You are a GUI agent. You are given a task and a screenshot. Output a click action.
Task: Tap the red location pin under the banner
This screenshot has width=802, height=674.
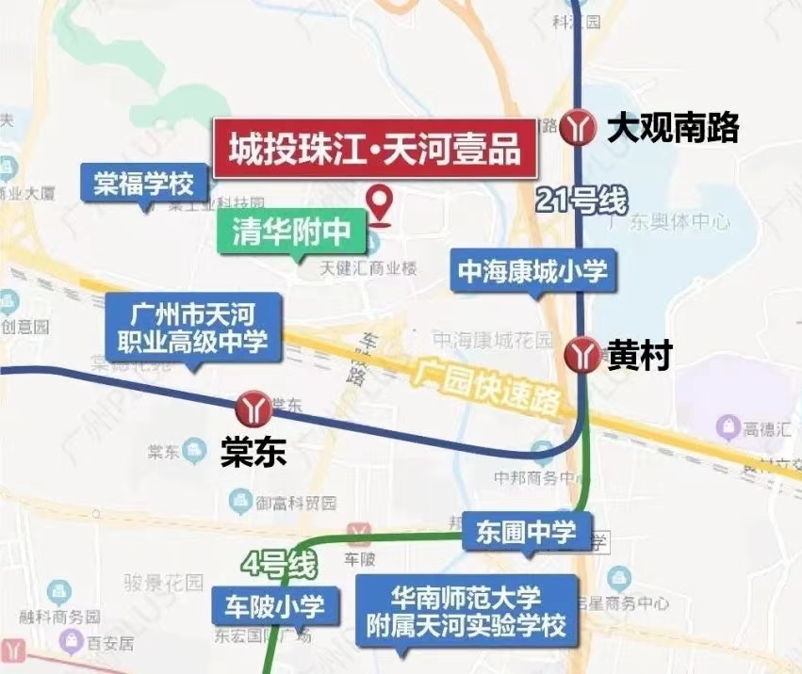[380, 203]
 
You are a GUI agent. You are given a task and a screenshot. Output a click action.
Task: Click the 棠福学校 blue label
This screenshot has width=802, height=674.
[143, 182]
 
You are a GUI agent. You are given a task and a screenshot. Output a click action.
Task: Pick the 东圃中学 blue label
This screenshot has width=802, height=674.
[526, 531]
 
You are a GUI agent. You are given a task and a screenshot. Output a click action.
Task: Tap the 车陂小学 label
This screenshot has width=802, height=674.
[274, 606]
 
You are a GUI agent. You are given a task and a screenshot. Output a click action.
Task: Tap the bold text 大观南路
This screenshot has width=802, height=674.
[672, 127]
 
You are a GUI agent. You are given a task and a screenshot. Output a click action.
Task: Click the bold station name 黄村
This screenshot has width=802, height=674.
[639, 356]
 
